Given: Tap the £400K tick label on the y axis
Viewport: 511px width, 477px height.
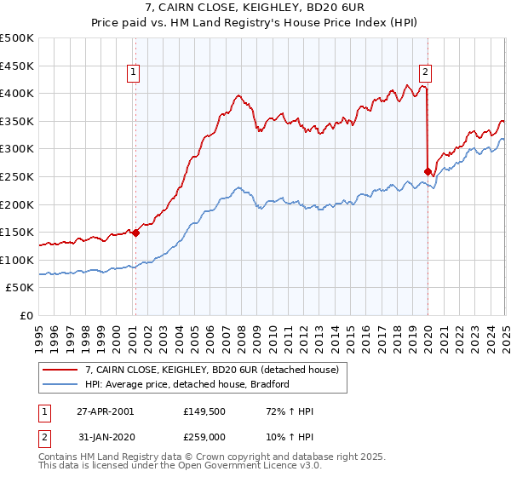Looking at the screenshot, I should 17,93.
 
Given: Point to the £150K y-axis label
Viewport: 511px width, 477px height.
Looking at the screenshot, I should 17,232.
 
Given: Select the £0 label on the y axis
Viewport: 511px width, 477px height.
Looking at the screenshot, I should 27,315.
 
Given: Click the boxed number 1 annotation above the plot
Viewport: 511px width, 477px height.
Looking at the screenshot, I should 135,73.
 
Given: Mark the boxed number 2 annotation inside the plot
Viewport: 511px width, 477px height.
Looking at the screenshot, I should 425,73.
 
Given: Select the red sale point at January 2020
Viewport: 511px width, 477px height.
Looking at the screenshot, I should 428,171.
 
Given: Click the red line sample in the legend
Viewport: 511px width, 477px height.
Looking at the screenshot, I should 60,370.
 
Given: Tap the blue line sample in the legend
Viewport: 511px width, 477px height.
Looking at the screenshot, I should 60,384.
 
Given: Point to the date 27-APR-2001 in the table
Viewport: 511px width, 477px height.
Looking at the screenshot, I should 105,411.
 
